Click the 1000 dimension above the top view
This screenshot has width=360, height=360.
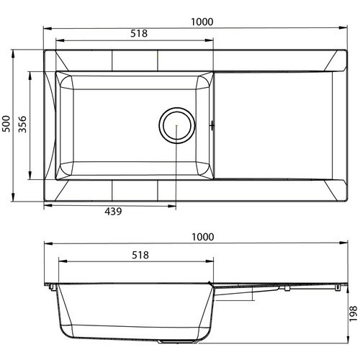pos(202,22)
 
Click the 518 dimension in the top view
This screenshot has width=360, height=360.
pos(139,34)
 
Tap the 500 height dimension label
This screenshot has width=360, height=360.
pos(6,124)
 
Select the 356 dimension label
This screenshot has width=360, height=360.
pos(22,124)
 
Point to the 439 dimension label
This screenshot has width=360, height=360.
pos(113,212)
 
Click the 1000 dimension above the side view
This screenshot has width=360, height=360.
pos(203,237)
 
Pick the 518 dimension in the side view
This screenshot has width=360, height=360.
pos(140,255)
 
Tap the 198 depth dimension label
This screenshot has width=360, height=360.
pos(353,314)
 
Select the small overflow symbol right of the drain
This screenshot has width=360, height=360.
pos(212,125)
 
